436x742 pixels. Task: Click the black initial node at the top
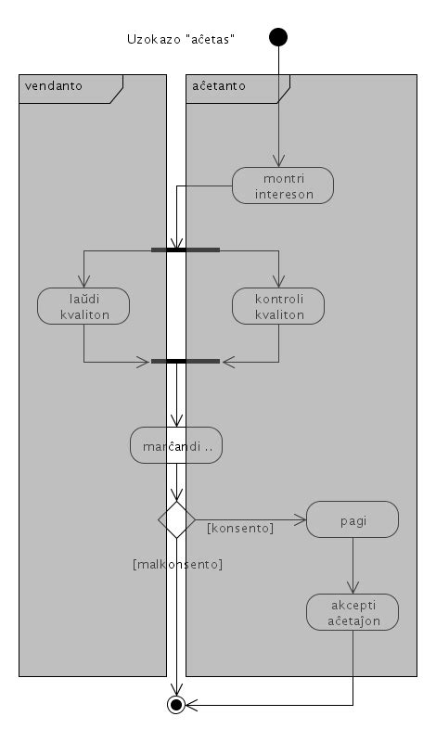point(277,37)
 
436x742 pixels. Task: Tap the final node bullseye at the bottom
point(175,705)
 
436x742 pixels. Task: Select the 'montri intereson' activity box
point(282,185)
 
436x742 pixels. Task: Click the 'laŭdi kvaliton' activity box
point(83,306)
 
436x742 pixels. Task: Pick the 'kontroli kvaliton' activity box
point(278,306)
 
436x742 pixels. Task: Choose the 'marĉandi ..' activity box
point(176,445)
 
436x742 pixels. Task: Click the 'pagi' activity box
point(353,519)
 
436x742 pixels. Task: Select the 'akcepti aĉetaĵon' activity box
point(353,611)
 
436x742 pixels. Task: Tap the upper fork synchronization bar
point(186,249)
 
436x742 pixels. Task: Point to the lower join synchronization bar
point(186,361)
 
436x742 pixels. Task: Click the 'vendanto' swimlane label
point(54,85)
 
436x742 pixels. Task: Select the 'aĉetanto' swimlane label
point(219,85)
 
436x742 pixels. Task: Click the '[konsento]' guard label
point(239,528)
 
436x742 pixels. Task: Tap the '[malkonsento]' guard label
point(178,564)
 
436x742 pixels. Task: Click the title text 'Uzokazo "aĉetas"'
point(180,39)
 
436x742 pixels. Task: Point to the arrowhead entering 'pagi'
point(301,519)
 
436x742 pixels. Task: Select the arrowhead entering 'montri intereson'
point(278,161)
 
